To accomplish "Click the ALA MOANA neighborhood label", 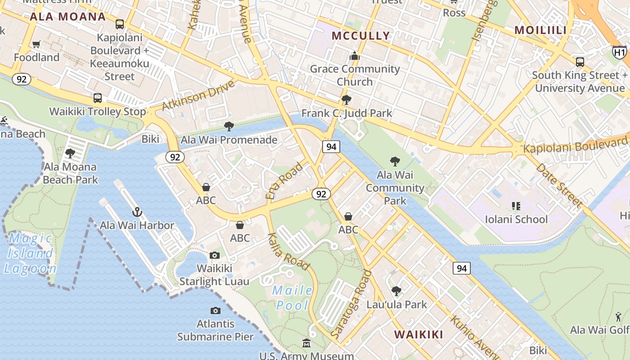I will tap(68, 17).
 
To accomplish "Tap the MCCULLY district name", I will tap(360, 36).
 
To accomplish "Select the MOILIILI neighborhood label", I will tap(540, 30).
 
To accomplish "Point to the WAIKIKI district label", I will tap(418, 334).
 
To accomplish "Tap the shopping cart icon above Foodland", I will tap(36, 44).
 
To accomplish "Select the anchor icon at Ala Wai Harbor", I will tap(137, 211).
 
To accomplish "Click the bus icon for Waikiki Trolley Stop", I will tap(98, 98).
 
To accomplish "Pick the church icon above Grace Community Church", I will tap(355, 56).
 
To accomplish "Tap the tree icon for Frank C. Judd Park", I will tap(346, 99).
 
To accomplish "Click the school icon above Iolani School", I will tap(516, 206).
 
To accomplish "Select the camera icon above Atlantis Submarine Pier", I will tap(216, 310).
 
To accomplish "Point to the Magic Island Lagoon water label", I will tap(31, 253).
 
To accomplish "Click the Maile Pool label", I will tap(292, 297).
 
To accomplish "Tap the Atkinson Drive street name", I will tap(198, 95).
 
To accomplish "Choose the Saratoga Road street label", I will tap(351, 304).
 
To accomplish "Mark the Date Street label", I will tap(559, 185).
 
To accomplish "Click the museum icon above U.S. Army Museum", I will tap(306, 343).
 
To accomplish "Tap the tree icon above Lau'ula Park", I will tap(396, 291).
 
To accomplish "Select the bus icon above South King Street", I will tap(580, 62).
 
